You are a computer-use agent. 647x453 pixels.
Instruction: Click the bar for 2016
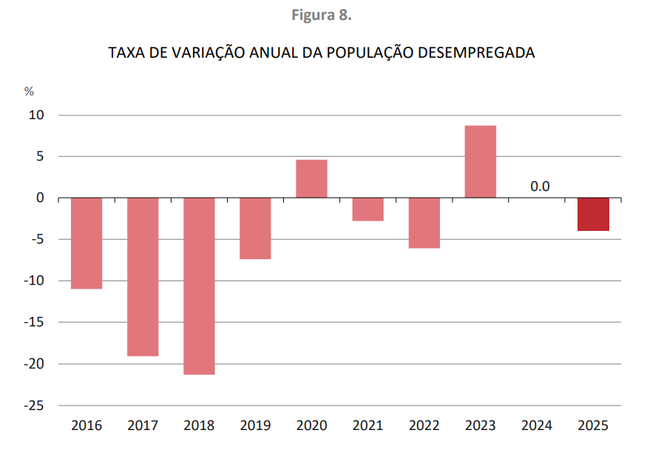[x=87, y=243]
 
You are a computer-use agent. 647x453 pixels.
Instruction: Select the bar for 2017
[x=143, y=277]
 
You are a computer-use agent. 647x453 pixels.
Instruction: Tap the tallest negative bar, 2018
[x=199, y=286]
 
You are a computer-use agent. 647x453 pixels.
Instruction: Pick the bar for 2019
[x=255, y=228]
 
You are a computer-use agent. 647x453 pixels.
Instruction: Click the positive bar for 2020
[x=311, y=178]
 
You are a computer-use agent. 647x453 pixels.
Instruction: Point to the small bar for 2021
[x=367, y=209]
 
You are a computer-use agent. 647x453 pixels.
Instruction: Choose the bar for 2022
[x=424, y=223]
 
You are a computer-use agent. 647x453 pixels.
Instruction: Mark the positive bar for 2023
[x=480, y=161]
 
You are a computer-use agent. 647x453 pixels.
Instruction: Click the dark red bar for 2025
[x=593, y=214]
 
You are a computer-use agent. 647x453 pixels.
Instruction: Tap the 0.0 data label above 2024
[x=540, y=186]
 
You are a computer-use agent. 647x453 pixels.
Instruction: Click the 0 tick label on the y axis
[x=41, y=198]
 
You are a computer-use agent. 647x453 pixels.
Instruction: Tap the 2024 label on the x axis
[x=537, y=426]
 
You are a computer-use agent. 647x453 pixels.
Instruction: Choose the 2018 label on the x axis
[x=199, y=426]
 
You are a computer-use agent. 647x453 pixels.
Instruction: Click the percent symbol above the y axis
[x=29, y=92]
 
